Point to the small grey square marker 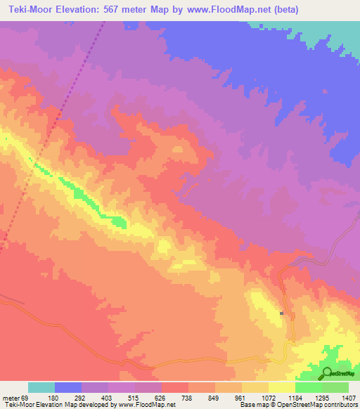pos(281,313)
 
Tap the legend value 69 pos(26,398)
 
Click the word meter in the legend pos(11,398)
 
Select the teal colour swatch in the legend pos(41,387)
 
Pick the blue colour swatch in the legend pos(68,387)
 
